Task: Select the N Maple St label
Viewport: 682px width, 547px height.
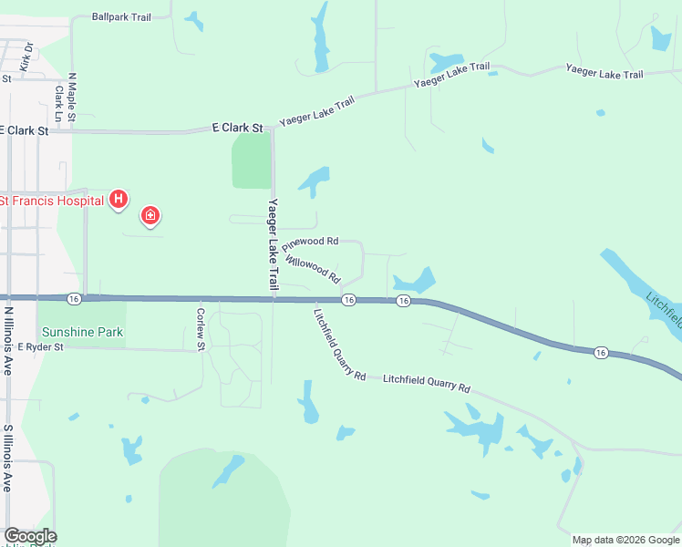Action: (x=71, y=98)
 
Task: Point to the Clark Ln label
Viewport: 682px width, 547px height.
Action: (x=58, y=103)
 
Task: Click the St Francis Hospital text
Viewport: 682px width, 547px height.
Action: (x=51, y=200)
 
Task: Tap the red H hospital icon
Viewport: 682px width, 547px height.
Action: (x=118, y=199)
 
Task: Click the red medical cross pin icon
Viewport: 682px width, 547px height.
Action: (x=150, y=215)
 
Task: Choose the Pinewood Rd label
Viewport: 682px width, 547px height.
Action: (x=310, y=243)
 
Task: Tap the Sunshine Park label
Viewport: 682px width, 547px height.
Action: (x=80, y=332)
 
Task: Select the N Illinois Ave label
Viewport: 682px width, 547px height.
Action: (x=8, y=340)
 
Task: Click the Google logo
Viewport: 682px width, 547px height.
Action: (x=30, y=536)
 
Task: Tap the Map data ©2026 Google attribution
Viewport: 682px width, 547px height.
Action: (x=625, y=540)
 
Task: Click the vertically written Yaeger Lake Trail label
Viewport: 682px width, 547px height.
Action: (x=273, y=244)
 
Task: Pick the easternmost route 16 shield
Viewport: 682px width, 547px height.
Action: (x=600, y=353)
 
